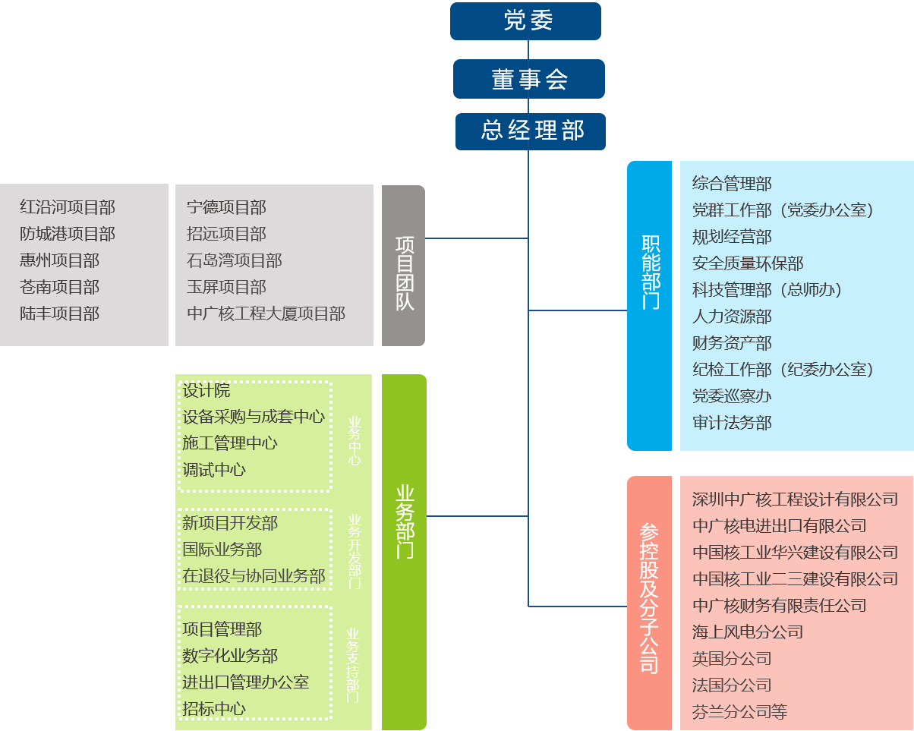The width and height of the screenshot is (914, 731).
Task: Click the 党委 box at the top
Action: point(525,21)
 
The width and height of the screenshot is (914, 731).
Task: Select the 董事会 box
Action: point(529,79)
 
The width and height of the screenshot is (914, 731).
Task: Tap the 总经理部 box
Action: point(531,131)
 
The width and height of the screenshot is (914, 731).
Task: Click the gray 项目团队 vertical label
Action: point(404,266)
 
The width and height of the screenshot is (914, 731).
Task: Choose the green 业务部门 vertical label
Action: point(405,521)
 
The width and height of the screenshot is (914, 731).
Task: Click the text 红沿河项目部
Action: point(68,208)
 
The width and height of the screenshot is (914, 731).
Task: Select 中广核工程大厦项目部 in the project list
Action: point(266,314)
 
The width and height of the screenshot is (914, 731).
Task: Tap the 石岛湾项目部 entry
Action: point(234,261)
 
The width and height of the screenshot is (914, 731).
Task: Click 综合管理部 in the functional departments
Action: point(732,184)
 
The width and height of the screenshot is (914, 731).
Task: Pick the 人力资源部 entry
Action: point(732,317)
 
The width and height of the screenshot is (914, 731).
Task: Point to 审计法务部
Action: point(732,423)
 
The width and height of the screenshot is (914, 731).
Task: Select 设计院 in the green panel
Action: point(206,391)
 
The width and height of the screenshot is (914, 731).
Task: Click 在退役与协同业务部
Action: point(254,576)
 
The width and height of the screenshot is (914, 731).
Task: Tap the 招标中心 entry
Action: point(214,709)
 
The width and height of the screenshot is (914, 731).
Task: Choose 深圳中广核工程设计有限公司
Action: point(795,499)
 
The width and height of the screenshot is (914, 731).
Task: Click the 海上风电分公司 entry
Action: point(748,632)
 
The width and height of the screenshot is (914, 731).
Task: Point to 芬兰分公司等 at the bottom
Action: point(739,712)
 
